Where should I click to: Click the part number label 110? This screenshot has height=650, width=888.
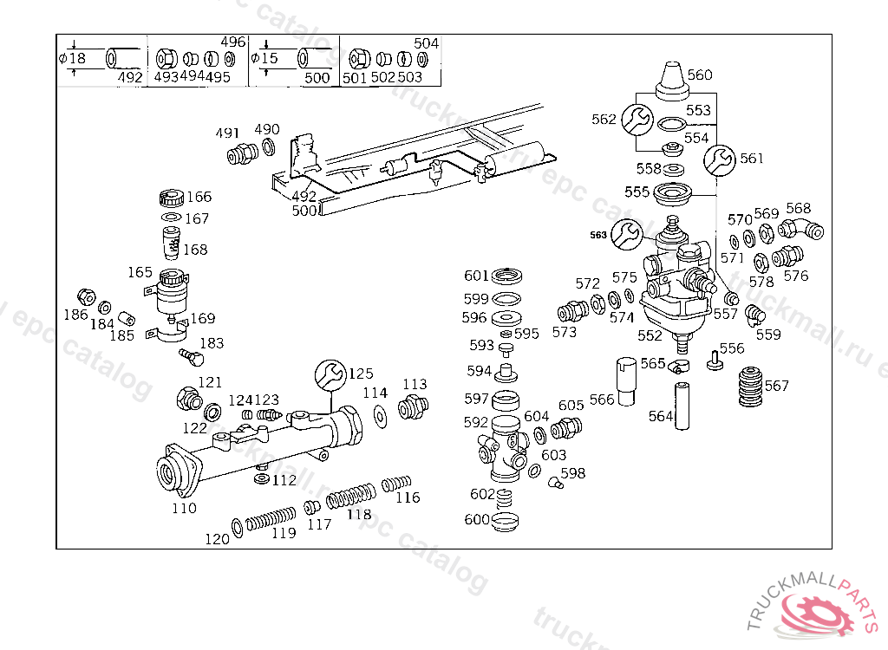[x=184, y=509]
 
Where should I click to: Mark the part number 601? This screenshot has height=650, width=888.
[x=476, y=276]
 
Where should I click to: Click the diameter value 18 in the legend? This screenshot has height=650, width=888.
[x=77, y=59]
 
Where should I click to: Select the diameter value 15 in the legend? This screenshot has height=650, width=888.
[x=270, y=59]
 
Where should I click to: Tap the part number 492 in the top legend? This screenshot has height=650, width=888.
[x=129, y=77]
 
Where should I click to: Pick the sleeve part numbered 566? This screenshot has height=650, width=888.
[x=626, y=380]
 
